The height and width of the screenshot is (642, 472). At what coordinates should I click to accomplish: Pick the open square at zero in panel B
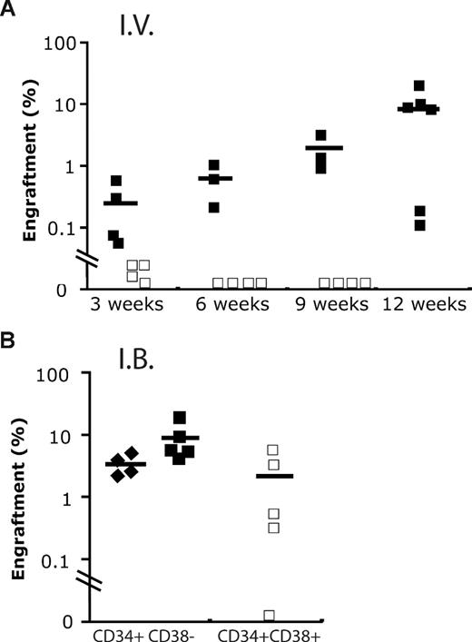[269, 615]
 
